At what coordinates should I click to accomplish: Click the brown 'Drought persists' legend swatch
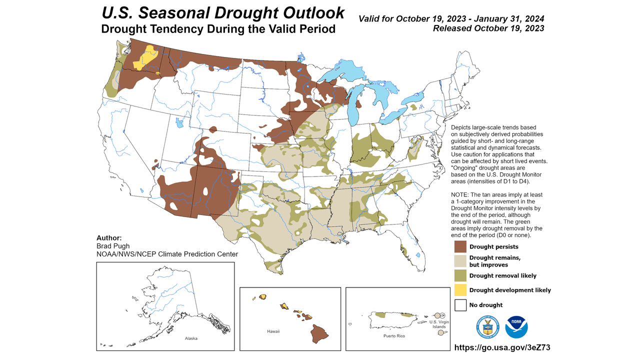point(460,246)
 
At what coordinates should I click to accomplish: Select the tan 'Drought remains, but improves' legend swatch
point(460,261)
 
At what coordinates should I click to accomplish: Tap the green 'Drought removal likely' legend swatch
point(460,275)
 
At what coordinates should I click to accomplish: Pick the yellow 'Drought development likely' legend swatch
point(460,290)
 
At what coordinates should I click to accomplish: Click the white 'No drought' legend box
point(460,304)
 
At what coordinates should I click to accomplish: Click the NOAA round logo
point(516,327)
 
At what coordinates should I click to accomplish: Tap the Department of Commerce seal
point(487,327)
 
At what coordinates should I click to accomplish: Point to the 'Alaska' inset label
point(191,338)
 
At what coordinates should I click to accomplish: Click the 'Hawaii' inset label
point(272,331)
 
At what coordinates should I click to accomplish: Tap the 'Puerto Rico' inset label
point(394,336)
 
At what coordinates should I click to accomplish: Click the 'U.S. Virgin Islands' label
point(439,324)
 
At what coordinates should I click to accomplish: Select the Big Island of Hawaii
point(318,332)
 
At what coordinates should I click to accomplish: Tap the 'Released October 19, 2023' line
point(488,28)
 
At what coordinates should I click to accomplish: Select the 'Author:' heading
point(109,237)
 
